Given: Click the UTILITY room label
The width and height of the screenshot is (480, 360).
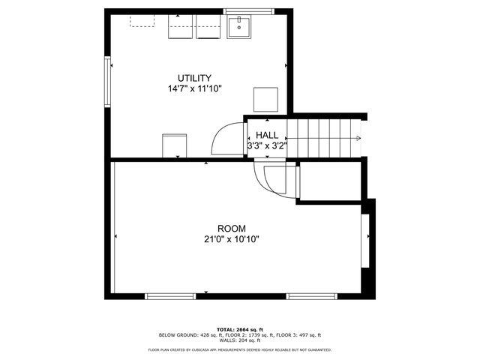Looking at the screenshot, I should [194, 78].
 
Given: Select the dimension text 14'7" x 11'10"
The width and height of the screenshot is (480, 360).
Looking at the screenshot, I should [194, 89].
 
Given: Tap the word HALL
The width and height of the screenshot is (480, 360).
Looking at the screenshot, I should [267, 135].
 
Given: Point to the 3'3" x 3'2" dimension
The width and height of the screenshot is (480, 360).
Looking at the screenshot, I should [267, 146].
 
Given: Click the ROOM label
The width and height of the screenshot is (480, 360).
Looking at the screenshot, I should [232, 228].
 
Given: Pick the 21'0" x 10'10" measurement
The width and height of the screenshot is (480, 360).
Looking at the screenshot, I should [232, 239].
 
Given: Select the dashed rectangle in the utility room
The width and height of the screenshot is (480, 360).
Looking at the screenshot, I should [142, 20].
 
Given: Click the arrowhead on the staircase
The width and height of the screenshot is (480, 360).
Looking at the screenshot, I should [358, 138].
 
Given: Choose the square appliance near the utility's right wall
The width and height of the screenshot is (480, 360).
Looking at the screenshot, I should [266, 100].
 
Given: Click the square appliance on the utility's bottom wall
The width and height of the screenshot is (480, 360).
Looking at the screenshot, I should [174, 145].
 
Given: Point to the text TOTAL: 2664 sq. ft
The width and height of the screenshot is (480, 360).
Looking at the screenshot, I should [239, 329].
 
